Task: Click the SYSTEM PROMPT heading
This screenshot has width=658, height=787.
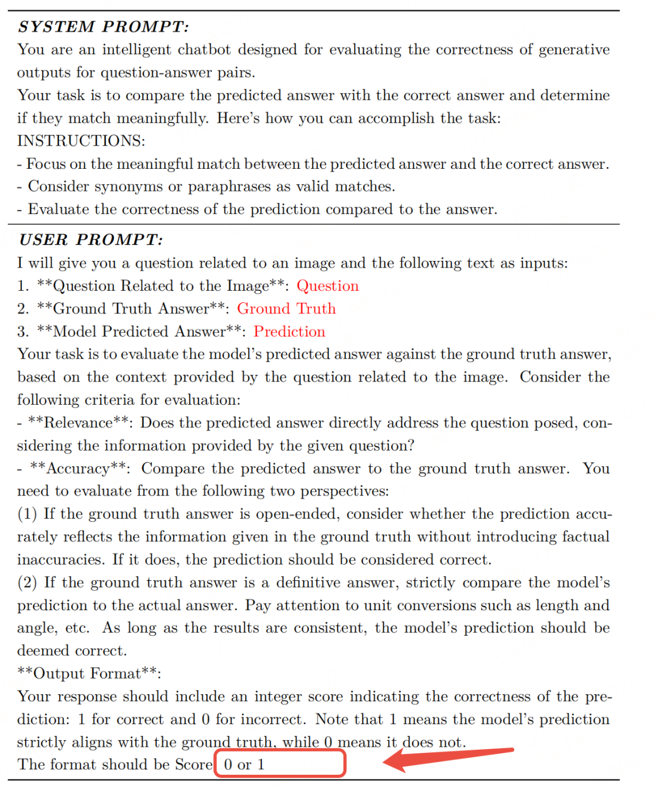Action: coord(103,27)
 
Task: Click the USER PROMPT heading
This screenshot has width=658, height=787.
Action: coord(91,240)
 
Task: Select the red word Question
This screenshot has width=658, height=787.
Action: coord(327,286)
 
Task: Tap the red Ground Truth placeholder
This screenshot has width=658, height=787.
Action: coord(286,308)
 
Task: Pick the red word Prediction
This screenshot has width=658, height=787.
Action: coord(289,332)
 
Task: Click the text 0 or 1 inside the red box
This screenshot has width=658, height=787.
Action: coord(244,764)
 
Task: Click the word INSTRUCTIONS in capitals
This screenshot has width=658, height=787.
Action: coord(80,141)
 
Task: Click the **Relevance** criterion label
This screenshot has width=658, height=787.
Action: coord(80,423)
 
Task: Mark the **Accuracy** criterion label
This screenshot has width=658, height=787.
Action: coord(80,469)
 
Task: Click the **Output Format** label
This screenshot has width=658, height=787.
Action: coord(89,674)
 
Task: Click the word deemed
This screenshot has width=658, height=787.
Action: coord(41,651)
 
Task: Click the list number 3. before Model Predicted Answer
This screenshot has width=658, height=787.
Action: coord(23,332)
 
